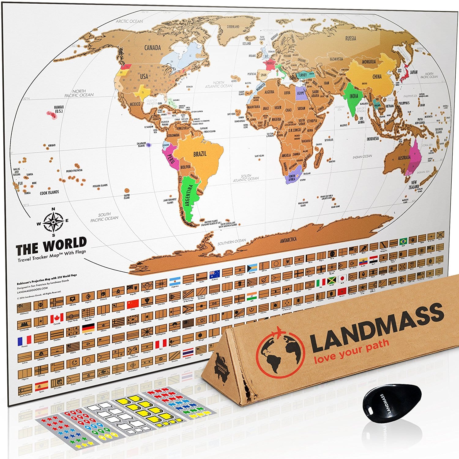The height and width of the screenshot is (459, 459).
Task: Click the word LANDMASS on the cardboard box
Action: (377, 326)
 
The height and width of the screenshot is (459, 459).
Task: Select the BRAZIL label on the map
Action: (200, 154)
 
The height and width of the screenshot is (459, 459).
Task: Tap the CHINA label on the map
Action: (377, 77)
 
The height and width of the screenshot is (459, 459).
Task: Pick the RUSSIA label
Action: (351, 39)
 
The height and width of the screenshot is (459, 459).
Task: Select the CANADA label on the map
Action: (152, 48)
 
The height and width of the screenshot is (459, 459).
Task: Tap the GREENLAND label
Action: (233, 27)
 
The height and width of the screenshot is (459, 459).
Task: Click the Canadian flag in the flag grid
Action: (57, 318)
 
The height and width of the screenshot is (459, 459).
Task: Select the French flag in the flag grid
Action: (24, 340)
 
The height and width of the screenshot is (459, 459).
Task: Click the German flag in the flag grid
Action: (88, 328)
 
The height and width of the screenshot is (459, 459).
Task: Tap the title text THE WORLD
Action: (51, 247)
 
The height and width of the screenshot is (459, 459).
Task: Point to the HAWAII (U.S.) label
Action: (59, 109)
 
